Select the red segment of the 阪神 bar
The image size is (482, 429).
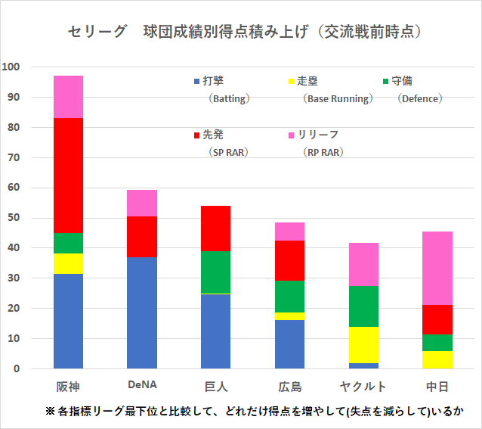pyautogui.click(x=69, y=175)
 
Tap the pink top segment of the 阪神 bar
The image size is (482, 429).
pyautogui.click(x=69, y=97)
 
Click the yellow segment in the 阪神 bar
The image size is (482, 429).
pyautogui.click(x=69, y=263)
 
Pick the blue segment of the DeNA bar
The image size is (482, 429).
pyautogui.click(x=142, y=312)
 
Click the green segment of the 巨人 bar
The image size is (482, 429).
pyautogui.click(x=215, y=272)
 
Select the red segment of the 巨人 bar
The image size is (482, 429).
pyautogui.click(x=215, y=228)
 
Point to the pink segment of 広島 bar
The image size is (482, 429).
pyautogui.click(x=289, y=231)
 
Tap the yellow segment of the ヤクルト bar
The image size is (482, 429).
pyautogui.click(x=363, y=344)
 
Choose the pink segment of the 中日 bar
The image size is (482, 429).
pyautogui.click(x=437, y=268)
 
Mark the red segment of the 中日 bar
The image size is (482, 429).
pyautogui.click(x=437, y=319)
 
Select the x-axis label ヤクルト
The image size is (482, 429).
pyautogui.click(x=363, y=387)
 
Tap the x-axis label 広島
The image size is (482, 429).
pyautogui.click(x=289, y=387)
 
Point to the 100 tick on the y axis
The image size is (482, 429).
pyautogui.click(x=11, y=67)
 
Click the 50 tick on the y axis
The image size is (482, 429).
pyautogui.click(x=14, y=218)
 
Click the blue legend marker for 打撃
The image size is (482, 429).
pyautogui.click(x=197, y=81)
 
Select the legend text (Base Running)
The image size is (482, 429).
pyautogui.click(x=336, y=98)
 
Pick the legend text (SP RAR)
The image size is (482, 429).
pyautogui.click(x=228, y=152)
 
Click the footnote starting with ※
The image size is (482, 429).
pyautogui.click(x=254, y=411)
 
